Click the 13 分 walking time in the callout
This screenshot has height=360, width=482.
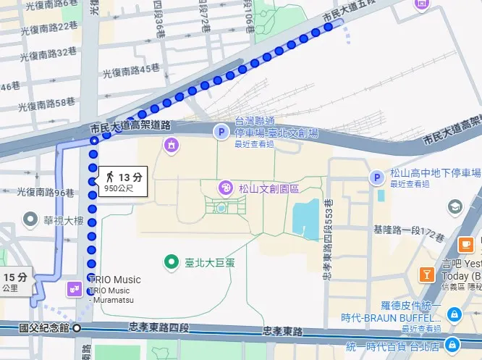[130, 177]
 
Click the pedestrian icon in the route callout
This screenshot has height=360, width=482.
[110, 177]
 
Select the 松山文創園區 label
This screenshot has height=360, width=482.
[269, 189]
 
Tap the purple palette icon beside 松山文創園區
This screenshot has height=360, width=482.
[227, 189]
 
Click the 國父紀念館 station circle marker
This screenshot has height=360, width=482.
[77, 328]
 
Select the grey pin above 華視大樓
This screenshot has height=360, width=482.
[30, 218]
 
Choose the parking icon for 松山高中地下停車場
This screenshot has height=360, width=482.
[376, 177]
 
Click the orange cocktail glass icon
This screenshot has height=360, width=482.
[427, 275]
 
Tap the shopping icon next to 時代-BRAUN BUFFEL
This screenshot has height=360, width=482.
[453, 314]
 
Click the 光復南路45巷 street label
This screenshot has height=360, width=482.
[131, 70]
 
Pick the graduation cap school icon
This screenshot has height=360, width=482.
[454, 208]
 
